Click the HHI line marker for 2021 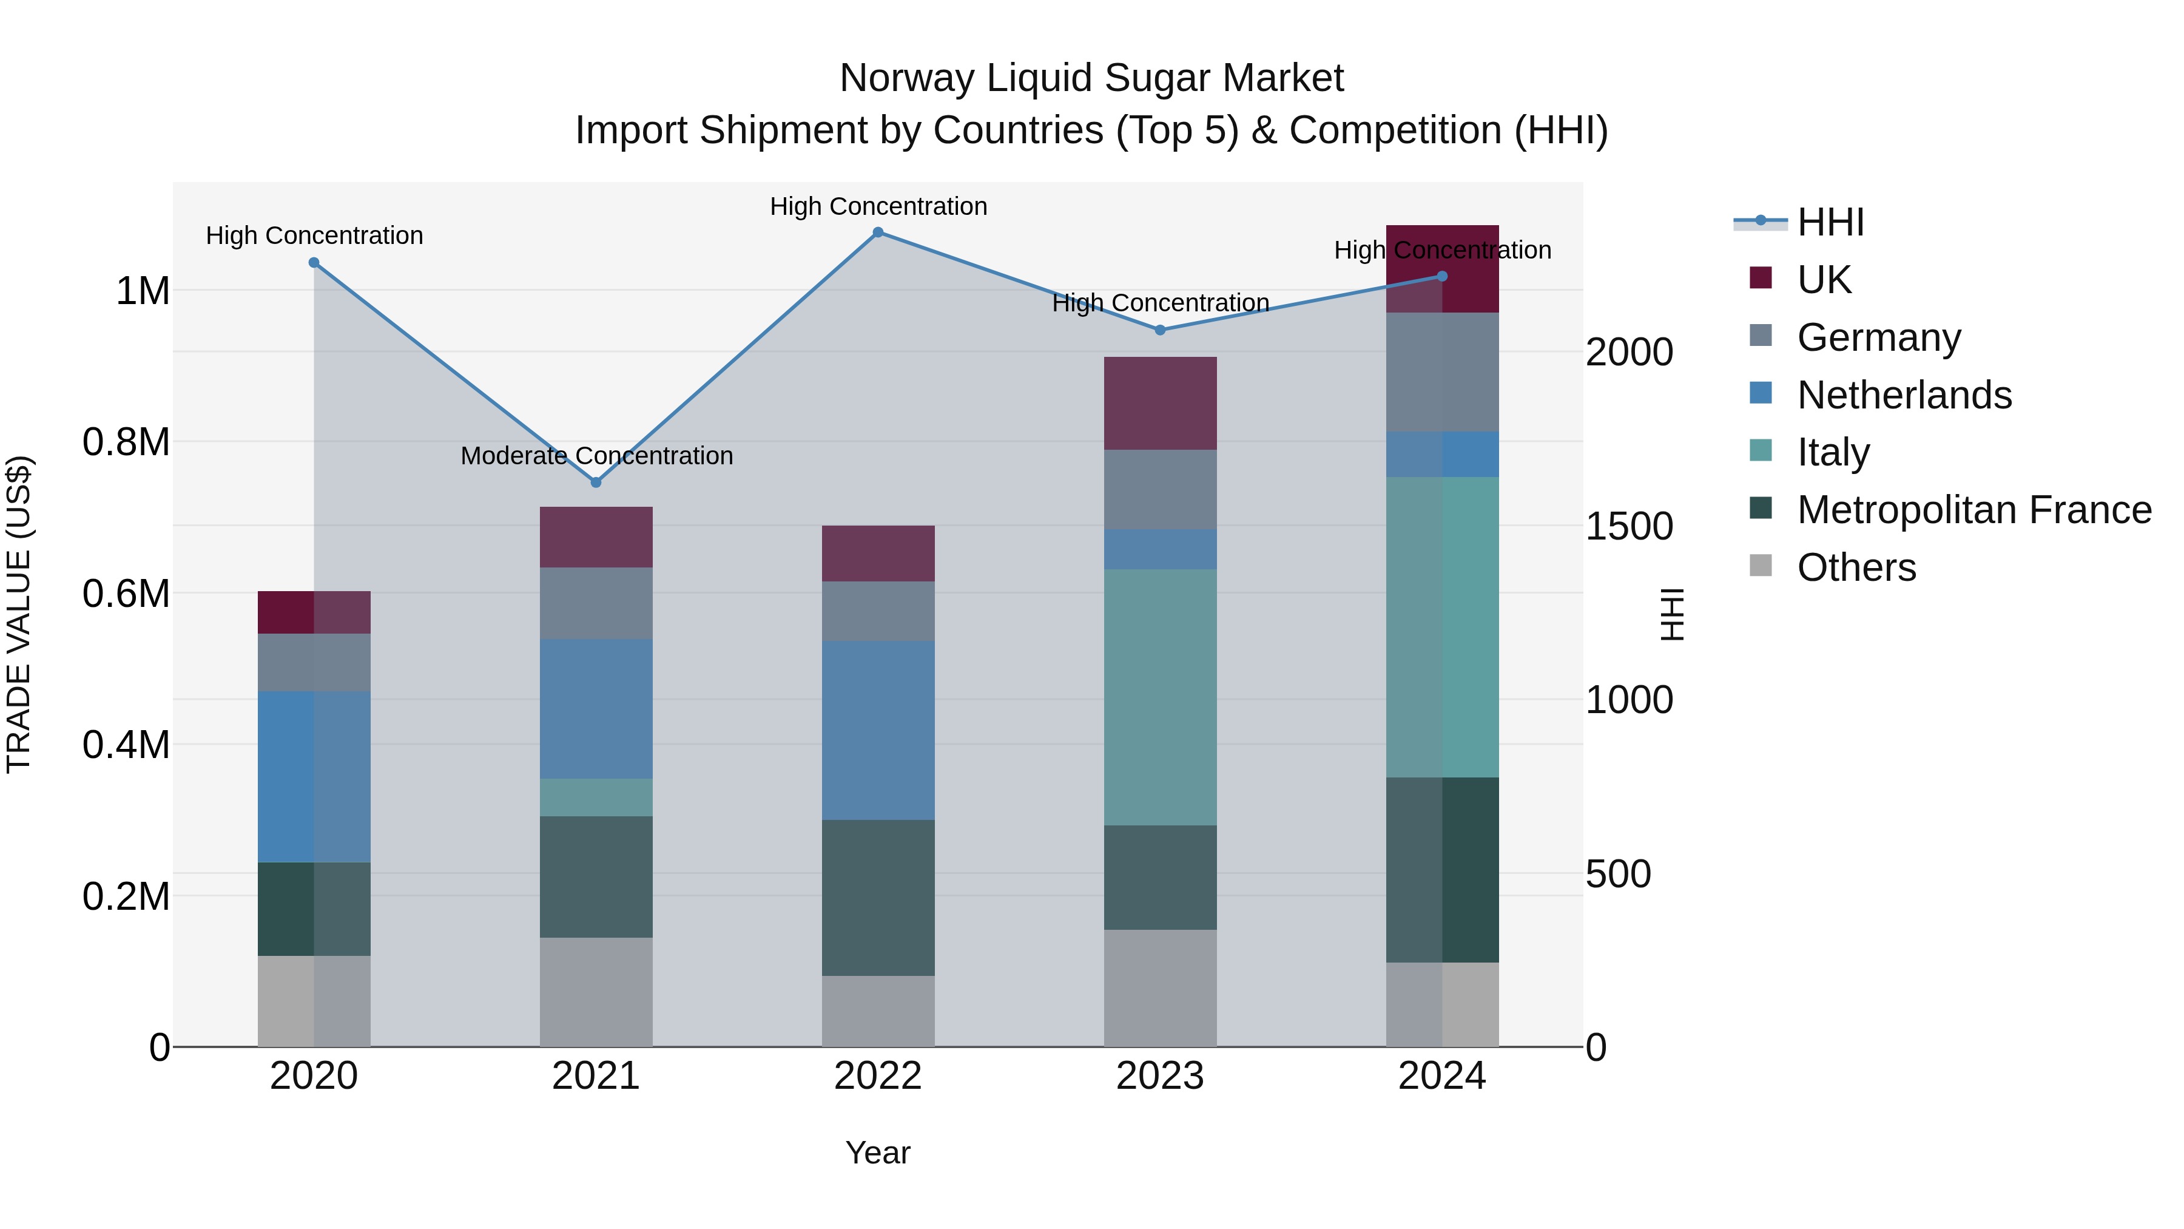(x=596, y=482)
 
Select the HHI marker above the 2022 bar (x=878, y=232)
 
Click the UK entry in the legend (x=1823, y=279)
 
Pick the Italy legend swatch (x=1761, y=451)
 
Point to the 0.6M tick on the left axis (x=126, y=593)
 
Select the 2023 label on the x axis (x=1160, y=1076)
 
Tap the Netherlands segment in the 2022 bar (x=878, y=730)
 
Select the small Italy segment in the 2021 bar (x=596, y=797)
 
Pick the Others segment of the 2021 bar (x=596, y=992)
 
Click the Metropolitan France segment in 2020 (x=314, y=909)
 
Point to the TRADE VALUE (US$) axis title (x=19, y=614)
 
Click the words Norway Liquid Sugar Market (x=1091, y=78)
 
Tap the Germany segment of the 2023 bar (x=1160, y=489)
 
